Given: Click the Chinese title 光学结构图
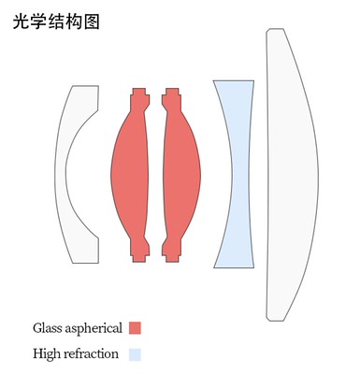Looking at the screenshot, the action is (x=56, y=22).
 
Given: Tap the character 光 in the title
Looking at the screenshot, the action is (x=22, y=22).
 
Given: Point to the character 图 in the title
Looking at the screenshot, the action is (x=92, y=22).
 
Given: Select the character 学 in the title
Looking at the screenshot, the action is (x=38, y=22).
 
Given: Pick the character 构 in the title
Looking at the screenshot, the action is (x=74, y=22).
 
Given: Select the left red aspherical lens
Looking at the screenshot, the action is (x=129, y=175).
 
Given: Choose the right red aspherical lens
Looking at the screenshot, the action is (x=181, y=175).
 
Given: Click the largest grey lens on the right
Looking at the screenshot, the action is (x=293, y=175).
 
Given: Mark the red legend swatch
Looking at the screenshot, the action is (x=135, y=328).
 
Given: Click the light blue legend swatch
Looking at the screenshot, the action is (x=135, y=354).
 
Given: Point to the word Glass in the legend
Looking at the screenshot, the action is (x=48, y=328).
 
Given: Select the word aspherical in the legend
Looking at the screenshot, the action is (x=94, y=329).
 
